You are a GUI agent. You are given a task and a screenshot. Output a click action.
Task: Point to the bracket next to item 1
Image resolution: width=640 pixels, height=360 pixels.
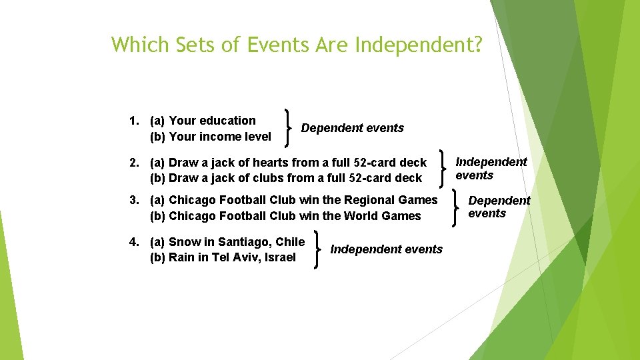point(289,127)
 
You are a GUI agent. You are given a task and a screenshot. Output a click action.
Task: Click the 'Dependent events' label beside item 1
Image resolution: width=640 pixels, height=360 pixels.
point(353,128)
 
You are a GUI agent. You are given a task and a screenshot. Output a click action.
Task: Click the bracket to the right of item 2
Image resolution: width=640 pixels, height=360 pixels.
point(443,169)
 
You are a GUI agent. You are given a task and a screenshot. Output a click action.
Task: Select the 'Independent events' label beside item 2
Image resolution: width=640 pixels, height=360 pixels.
point(491,169)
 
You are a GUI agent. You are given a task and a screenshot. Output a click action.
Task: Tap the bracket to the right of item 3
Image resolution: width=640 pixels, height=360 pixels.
point(455,207)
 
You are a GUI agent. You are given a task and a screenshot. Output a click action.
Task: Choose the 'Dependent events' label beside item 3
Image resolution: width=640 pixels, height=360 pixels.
point(499,207)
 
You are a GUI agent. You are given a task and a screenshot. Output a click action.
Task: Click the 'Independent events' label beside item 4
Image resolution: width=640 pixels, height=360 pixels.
point(387,249)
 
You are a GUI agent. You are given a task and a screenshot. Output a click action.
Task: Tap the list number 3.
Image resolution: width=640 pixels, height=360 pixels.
point(133,200)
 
